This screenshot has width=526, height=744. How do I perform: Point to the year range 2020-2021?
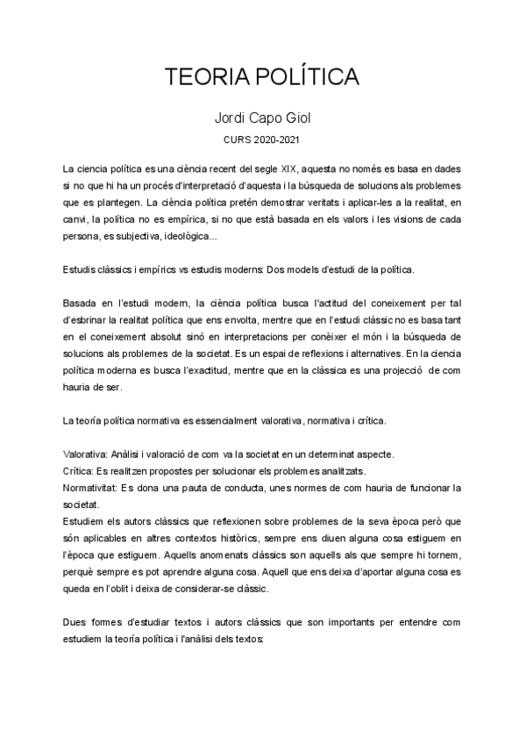click(280, 139)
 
